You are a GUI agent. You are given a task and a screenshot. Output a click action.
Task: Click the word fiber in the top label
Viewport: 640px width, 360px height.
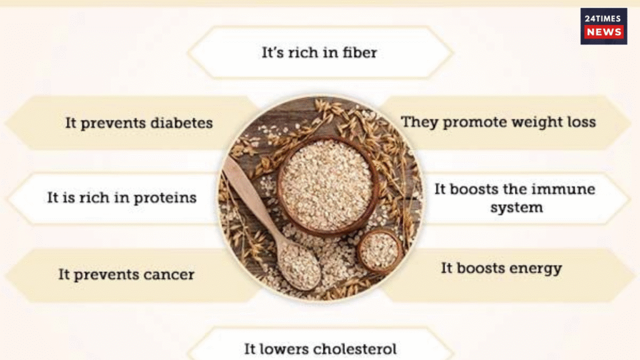click(x=360, y=52)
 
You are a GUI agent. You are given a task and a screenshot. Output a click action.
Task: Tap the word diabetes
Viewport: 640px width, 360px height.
click(x=181, y=122)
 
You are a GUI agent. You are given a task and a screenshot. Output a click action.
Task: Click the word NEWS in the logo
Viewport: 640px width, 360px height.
click(x=604, y=32)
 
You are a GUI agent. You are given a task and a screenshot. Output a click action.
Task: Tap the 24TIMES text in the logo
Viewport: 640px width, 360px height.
click(x=604, y=18)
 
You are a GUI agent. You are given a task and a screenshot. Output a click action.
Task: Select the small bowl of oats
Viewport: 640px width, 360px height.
click(x=380, y=251)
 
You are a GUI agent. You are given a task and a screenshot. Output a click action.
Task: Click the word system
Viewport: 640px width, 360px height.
click(x=516, y=207)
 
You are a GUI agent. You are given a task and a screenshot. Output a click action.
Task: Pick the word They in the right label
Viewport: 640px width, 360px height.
click(x=417, y=122)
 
